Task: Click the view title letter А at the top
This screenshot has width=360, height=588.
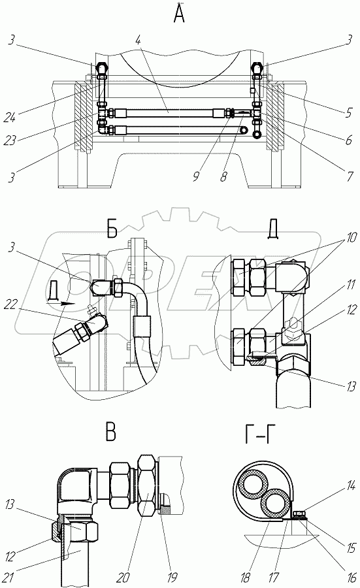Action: tap(180, 14)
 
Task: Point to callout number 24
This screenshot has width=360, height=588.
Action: tap(10, 118)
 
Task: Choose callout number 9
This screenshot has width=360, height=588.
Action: tap(196, 176)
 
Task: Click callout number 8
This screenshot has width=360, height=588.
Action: tap(223, 176)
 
